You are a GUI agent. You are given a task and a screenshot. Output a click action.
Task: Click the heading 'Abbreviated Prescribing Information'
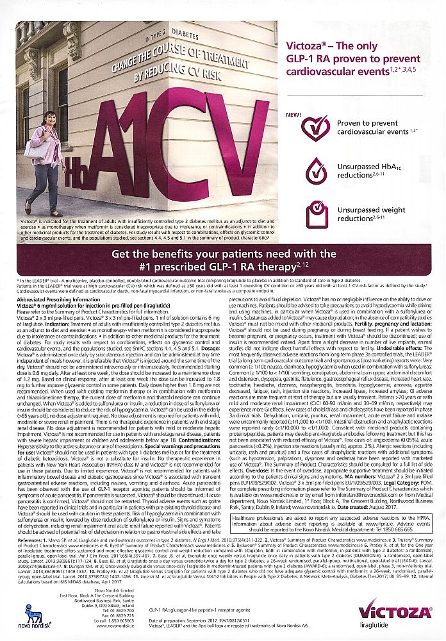point(55,299)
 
